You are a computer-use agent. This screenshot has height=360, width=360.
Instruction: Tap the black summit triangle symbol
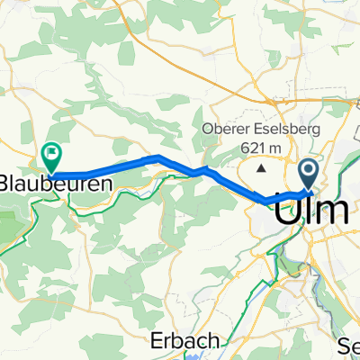[262, 166]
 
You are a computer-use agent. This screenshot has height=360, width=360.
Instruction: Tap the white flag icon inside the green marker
[51, 154]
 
